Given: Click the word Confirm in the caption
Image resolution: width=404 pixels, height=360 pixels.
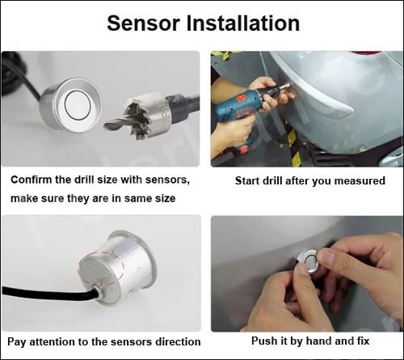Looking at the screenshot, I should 33,180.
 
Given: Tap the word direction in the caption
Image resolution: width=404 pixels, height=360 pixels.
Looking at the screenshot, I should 175,342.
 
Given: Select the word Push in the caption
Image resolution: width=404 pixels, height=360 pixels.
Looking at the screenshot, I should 264,342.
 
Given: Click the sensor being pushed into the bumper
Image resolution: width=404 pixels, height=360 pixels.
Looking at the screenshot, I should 306,259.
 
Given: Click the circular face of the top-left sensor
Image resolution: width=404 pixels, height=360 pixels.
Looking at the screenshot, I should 78,103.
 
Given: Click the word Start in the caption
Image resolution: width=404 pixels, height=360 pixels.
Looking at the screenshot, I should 249,180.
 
